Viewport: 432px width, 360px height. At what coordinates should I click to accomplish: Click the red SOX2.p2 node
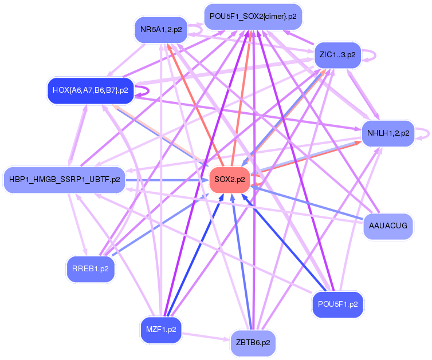click(x=229, y=179)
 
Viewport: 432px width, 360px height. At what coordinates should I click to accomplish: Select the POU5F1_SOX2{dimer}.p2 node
click(x=253, y=16)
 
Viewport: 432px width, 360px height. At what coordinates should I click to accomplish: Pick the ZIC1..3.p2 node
click(x=337, y=55)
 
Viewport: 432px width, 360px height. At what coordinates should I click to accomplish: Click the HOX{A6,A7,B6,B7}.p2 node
click(x=90, y=90)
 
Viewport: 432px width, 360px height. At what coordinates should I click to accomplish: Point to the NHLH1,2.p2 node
click(x=388, y=133)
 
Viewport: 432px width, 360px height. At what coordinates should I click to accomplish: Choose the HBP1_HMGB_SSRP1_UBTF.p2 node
click(x=64, y=180)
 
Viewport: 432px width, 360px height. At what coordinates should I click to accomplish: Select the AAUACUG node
click(x=388, y=226)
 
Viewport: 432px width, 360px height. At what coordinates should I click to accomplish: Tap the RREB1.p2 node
click(x=91, y=268)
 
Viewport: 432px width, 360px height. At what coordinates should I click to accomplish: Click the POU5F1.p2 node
click(x=337, y=304)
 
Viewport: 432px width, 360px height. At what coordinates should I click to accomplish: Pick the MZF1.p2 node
click(x=160, y=329)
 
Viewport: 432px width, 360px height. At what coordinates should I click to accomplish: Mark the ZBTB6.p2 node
click(x=253, y=343)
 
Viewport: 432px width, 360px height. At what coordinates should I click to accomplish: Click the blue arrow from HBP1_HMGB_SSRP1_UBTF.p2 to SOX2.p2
click(x=166, y=180)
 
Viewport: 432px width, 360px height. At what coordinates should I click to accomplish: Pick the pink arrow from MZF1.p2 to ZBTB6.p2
click(x=206, y=336)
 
